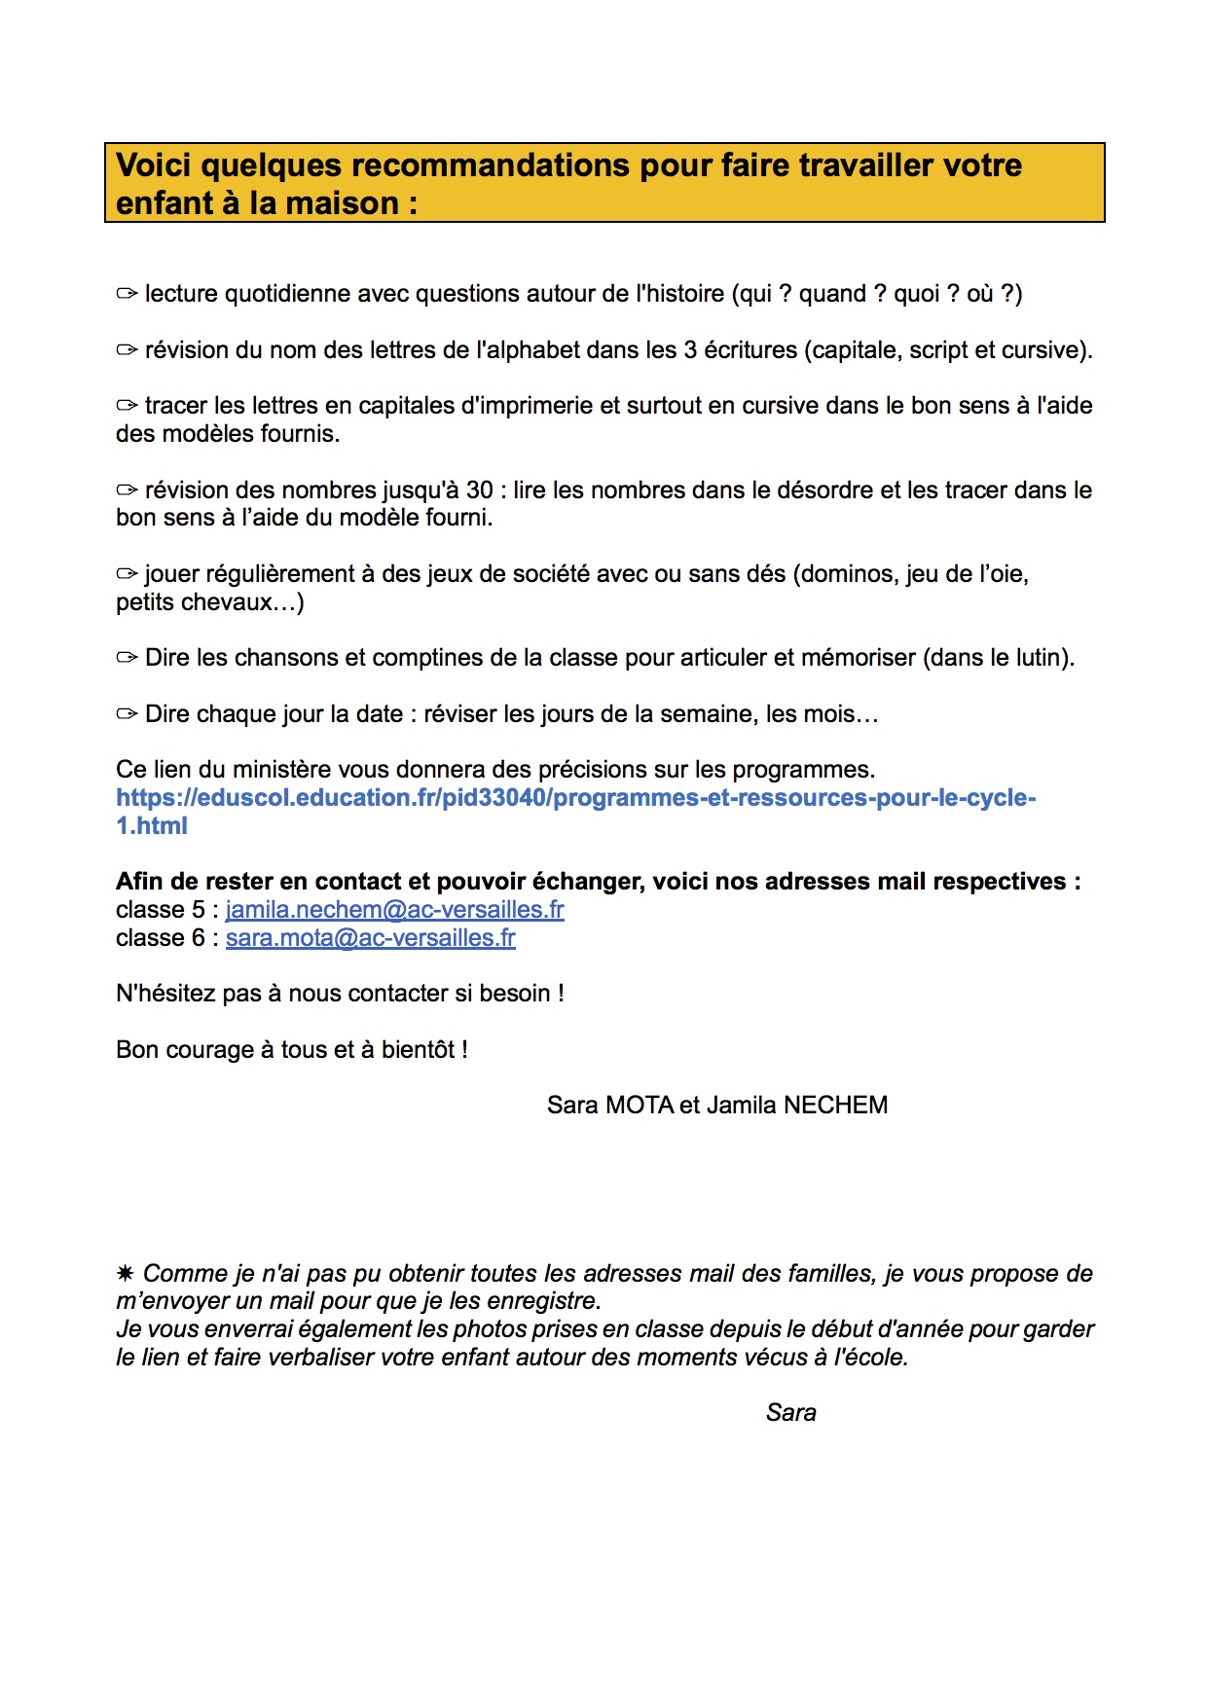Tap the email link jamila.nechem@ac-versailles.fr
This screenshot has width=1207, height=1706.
point(394,910)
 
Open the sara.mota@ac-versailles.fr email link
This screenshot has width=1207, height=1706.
point(370,938)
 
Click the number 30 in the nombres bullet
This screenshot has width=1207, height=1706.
point(479,490)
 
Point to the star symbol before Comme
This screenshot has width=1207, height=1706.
point(125,1274)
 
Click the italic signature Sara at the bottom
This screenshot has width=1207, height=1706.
point(790,1413)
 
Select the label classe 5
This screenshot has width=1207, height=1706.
point(160,910)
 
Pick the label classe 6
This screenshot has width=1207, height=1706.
point(160,938)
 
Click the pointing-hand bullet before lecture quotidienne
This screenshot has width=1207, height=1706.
point(127,294)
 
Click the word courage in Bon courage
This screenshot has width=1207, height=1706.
point(209,1050)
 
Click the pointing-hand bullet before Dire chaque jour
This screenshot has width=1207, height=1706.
point(127,714)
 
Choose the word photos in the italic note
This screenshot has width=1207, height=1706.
point(488,1329)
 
